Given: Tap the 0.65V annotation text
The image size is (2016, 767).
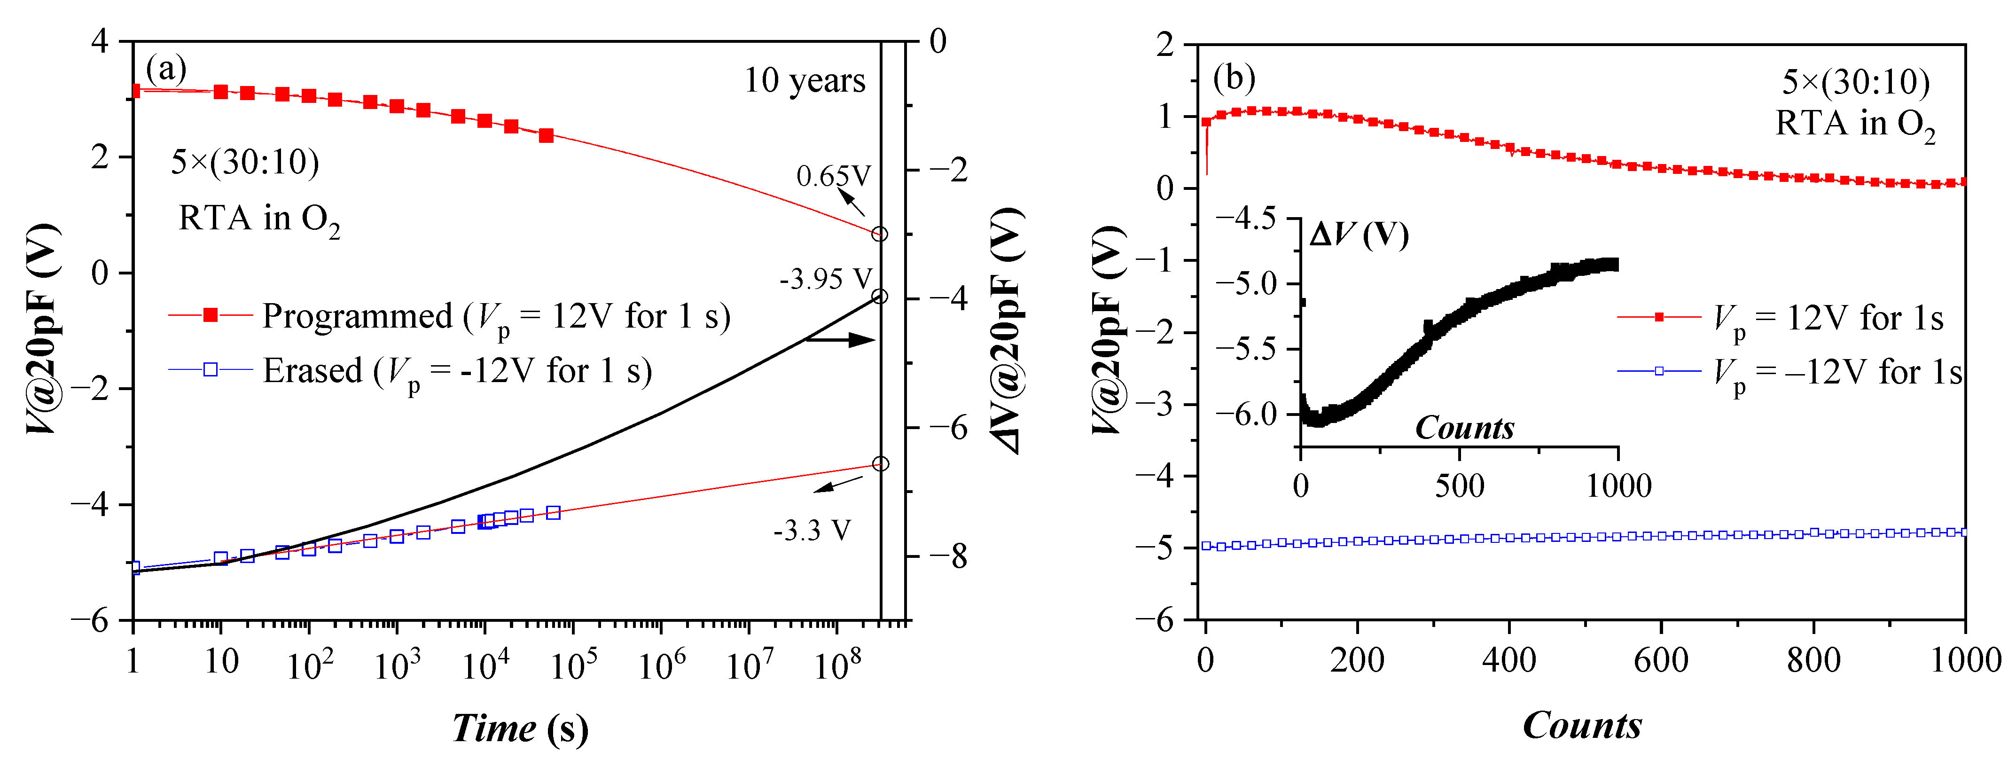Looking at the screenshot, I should [x=833, y=176].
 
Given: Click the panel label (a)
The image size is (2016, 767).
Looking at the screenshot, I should [x=166, y=69].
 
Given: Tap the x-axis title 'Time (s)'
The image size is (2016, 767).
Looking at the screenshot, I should [x=520, y=728].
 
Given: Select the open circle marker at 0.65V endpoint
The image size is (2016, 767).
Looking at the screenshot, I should [x=880, y=234].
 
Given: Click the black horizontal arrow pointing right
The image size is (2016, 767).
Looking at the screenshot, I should [x=840, y=340].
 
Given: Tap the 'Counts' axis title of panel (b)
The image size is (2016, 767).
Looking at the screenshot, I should [x=1582, y=726].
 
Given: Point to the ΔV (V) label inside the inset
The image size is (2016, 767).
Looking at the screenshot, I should [x=1359, y=235].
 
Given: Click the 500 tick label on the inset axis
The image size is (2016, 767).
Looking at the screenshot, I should [x=1459, y=486].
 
